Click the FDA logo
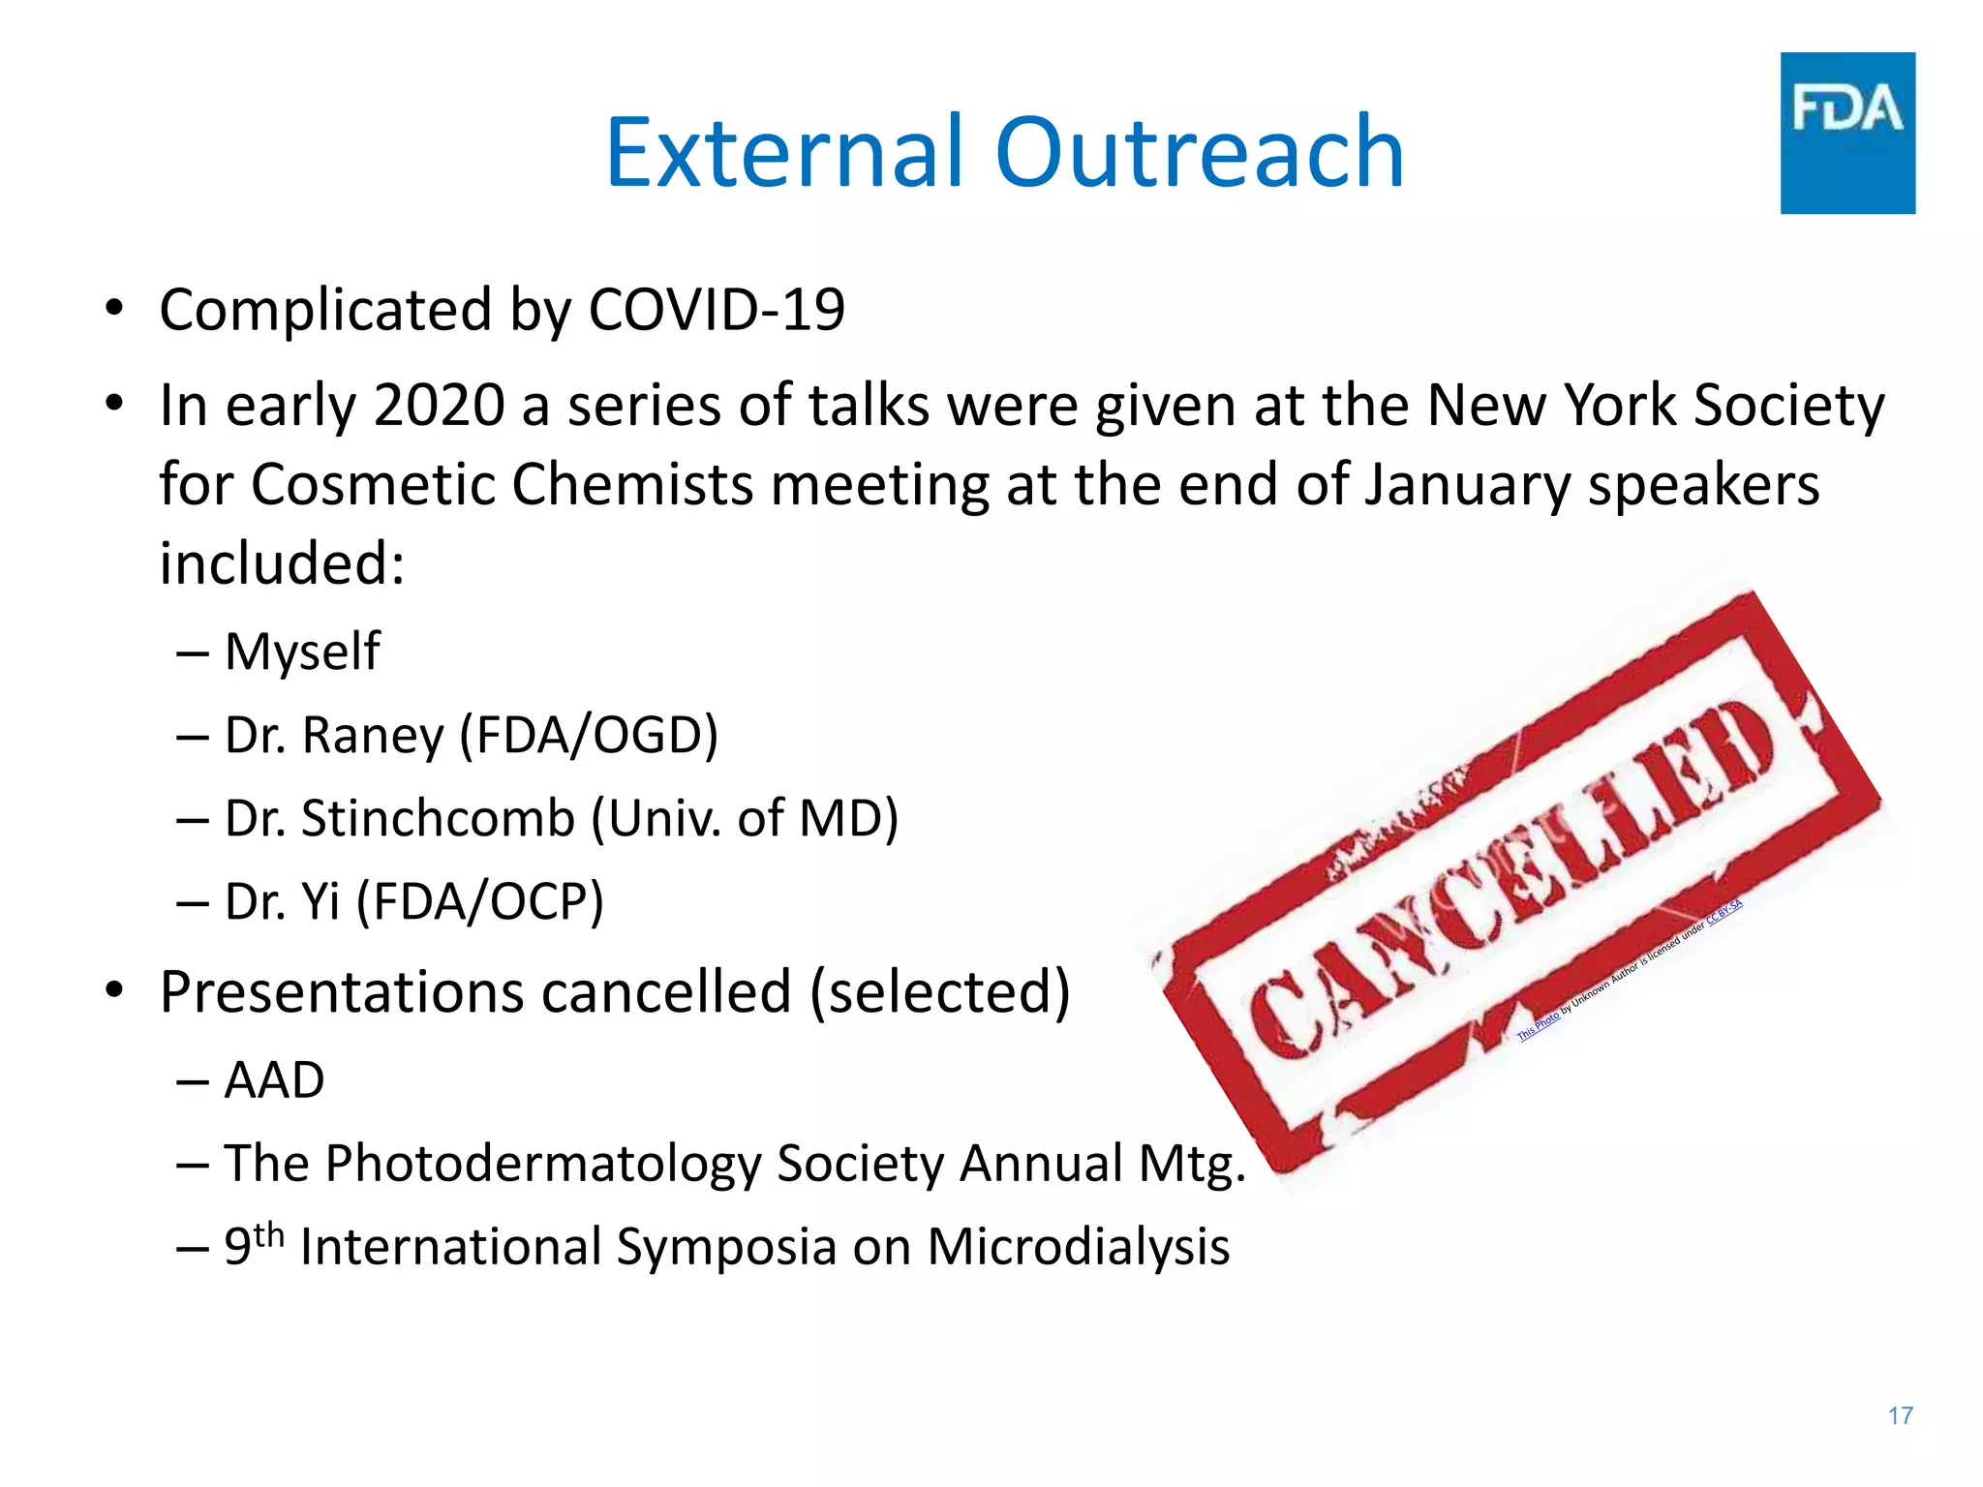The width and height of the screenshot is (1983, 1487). pyautogui.click(x=1846, y=133)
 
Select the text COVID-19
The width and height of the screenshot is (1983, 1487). pyautogui.click(x=717, y=310)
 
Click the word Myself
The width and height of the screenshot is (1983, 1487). pyautogui.click(x=302, y=652)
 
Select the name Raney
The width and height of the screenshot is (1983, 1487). pyautogui.click(x=373, y=735)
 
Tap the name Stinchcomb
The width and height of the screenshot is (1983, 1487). pyautogui.click(x=438, y=818)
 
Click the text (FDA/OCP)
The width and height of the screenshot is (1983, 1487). pyautogui.click(x=480, y=901)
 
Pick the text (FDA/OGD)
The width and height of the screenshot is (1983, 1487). pyautogui.click(x=589, y=735)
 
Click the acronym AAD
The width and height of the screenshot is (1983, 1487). pyautogui.click(x=274, y=1079)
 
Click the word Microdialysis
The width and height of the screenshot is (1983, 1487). pyautogui.click(x=1078, y=1246)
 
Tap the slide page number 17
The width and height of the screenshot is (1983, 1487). pyautogui.click(x=1900, y=1415)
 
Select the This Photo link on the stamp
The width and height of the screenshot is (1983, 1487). pyautogui.click(x=1538, y=1026)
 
